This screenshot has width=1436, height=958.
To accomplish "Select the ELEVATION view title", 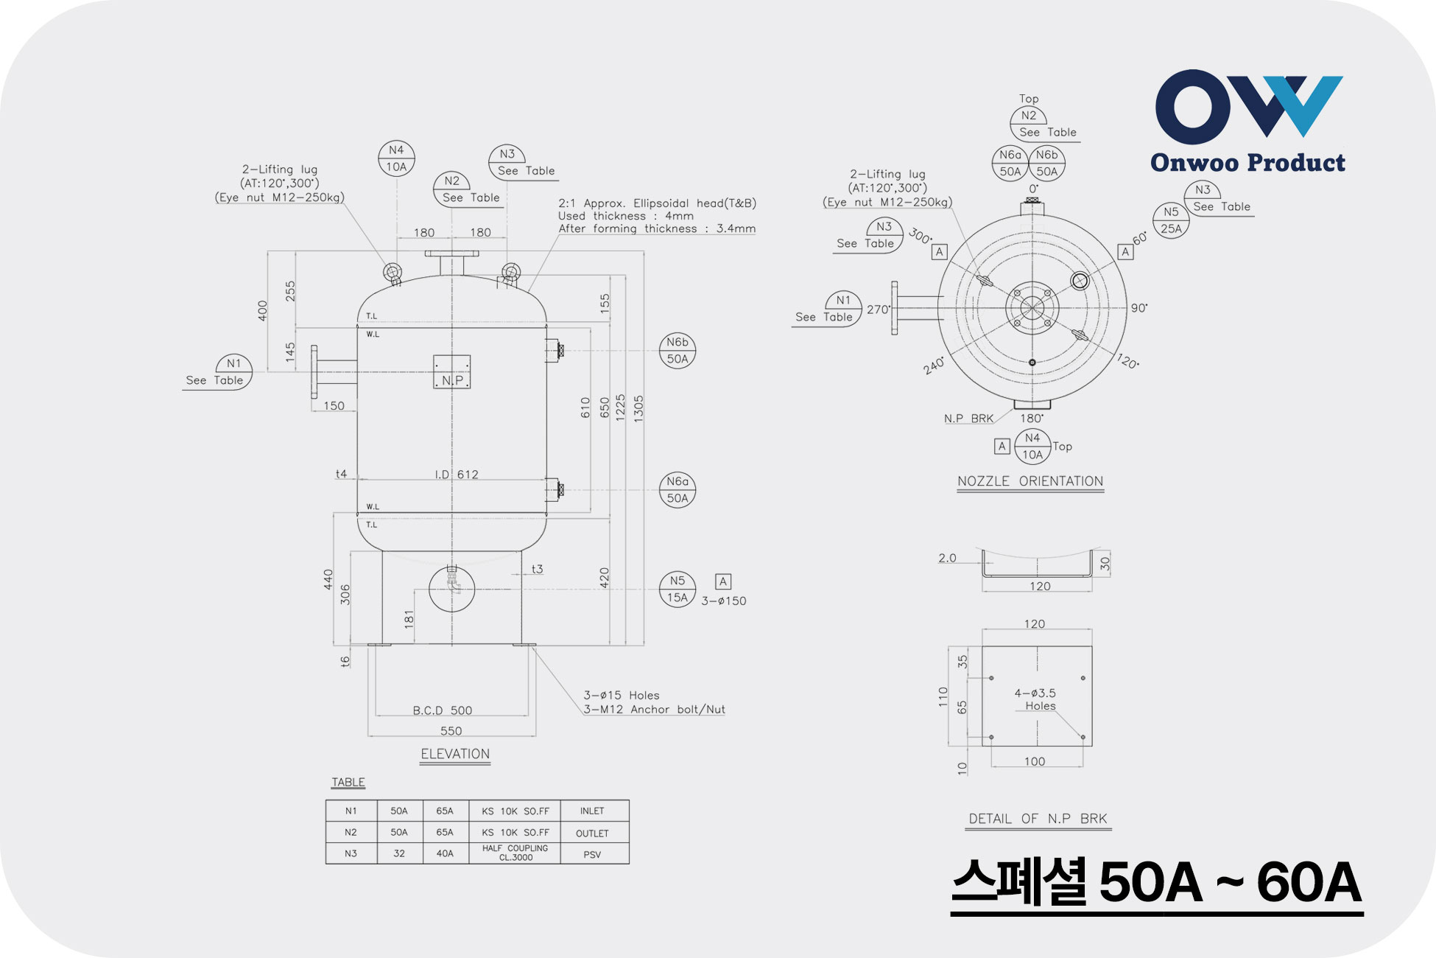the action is (455, 754).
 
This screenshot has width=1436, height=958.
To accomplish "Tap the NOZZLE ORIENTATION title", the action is (1030, 481).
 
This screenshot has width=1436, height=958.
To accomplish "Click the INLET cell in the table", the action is (592, 811).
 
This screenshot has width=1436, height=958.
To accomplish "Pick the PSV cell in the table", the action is (592, 855).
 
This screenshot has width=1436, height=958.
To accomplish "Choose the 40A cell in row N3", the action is (445, 853).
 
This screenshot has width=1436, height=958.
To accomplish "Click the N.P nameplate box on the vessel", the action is (451, 372).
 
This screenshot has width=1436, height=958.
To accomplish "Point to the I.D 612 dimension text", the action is (457, 475).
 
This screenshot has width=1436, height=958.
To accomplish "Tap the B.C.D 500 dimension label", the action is (443, 710).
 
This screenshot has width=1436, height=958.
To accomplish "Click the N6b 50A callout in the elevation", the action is (677, 351).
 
